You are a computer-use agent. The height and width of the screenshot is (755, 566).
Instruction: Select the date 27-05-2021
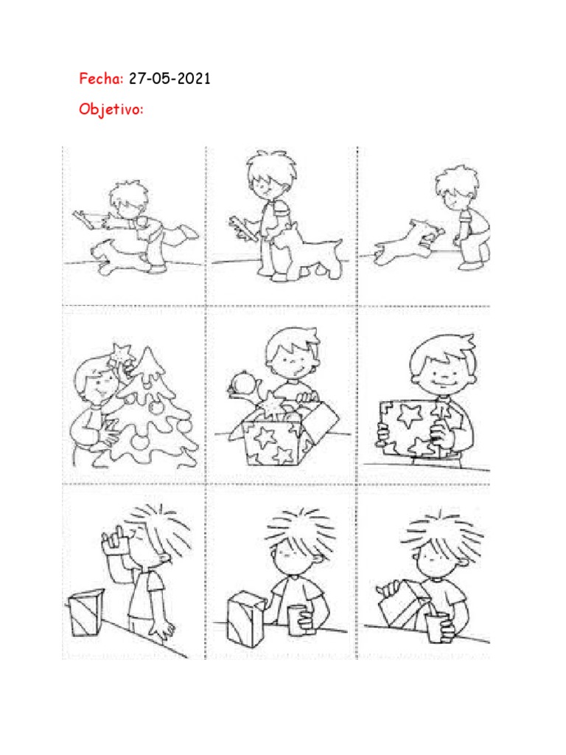click(170, 78)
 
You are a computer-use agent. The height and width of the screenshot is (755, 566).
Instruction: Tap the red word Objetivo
click(111, 109)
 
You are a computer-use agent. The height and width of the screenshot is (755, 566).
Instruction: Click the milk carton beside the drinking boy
click(85, 613)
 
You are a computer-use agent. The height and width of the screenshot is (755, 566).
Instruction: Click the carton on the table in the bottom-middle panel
click(246, 619)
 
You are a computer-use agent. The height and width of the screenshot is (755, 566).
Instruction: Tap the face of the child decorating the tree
click(98, 384)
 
